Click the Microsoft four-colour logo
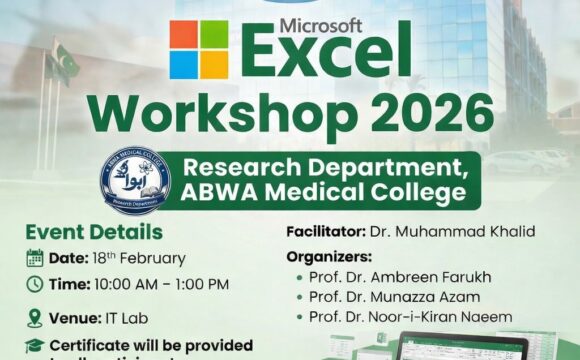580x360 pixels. click(x=198, y=50)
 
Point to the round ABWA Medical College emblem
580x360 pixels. click(x=135, y=180)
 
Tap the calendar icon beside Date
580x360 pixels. click(x=34, y=257)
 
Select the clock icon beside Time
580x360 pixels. click(x=34, y=284)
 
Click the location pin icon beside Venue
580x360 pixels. click(x=34, y=318)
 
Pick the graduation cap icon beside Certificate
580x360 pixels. click(x=34, y=345)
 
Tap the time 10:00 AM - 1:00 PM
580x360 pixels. click(x=163, y=284)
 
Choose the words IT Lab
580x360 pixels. click(x=119, y=318)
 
